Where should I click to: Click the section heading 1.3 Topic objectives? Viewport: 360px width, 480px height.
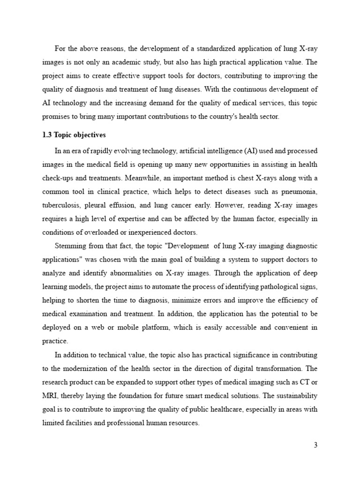74,135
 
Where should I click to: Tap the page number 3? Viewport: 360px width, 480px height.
315,445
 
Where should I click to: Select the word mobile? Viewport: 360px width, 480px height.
135,327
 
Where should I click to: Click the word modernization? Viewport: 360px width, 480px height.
87,368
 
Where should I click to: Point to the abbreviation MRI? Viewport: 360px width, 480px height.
48,396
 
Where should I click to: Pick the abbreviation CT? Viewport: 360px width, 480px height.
300,382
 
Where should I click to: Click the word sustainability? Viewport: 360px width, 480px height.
297,396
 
